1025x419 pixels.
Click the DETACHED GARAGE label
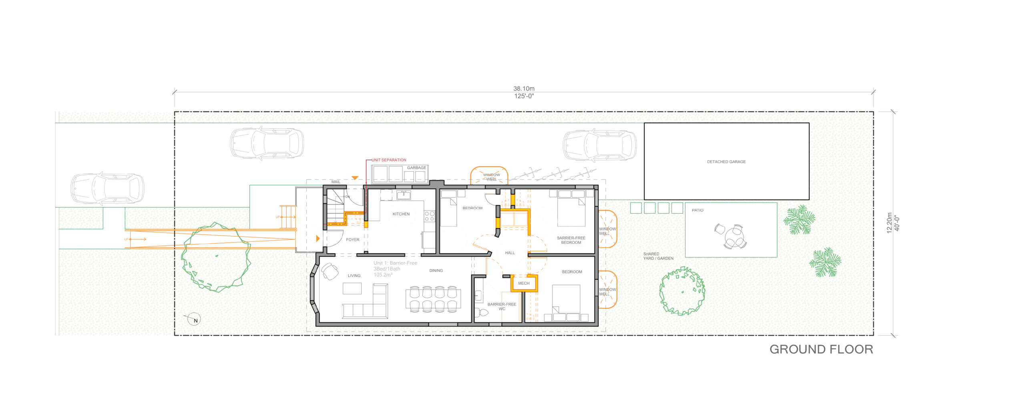click(x=726, y=162)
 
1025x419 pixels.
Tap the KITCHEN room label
click(x=401, y=214)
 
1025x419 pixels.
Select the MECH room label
click(x=524, y=283)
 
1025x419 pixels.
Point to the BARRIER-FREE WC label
click(x=502, y=307)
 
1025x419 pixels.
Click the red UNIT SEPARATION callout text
click(x=389, y=160)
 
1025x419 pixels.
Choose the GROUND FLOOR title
click(x=821, y=349)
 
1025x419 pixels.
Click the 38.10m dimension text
click(x=524, y=88)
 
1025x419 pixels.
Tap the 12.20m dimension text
click(x=889, y=223)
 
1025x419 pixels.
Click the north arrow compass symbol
click(x=194, y=319)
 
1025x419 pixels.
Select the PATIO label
click(x=697, y=210)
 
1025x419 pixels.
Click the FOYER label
click(x=352, y=240)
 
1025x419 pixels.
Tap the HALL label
click(x=510, y=253)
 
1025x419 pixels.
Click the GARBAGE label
click(x=416, y=168)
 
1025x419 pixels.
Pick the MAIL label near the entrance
click(x=336, y=182)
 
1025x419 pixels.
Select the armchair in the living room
click(x=330, y=271)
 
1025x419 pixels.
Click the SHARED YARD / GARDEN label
click(x=658, y=256)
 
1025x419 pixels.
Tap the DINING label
click(x=436, y=271)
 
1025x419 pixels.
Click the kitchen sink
click(x=403, y=195)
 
